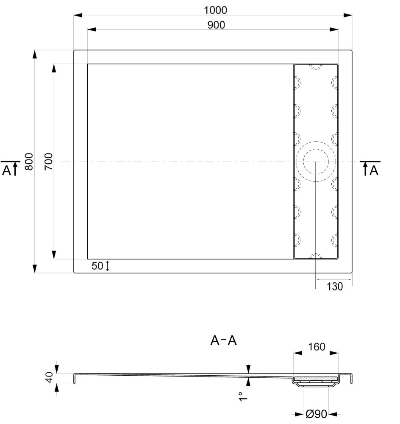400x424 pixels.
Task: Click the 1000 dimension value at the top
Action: (x=215, y=10)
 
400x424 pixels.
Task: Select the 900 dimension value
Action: (x=216, y=25)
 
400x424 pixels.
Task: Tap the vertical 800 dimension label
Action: (x=29, y=162)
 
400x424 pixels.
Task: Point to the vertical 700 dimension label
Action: (x=48, y=162)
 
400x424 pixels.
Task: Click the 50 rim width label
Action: (x=97, y=266)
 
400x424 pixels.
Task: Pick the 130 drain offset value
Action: (x=335, y=287)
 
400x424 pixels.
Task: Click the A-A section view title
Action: (x=223, y=340)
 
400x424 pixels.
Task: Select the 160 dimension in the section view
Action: (x=317, y=347)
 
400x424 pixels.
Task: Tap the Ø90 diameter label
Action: (x=316, y=414)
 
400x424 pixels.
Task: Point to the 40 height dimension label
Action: (x=49, y=377)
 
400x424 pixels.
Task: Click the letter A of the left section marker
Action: (x=6, y=170)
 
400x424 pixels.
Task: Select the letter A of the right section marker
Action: (x=374, y=170)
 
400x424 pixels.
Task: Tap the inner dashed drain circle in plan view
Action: (x=316, y=162)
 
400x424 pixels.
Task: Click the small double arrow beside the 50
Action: (x=107, y=266)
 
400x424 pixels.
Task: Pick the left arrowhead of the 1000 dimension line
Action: (x=78, y=15)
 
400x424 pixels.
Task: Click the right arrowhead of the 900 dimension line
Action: (x=334, y=30)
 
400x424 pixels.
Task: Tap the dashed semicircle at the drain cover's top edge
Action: (x=316, y=67)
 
